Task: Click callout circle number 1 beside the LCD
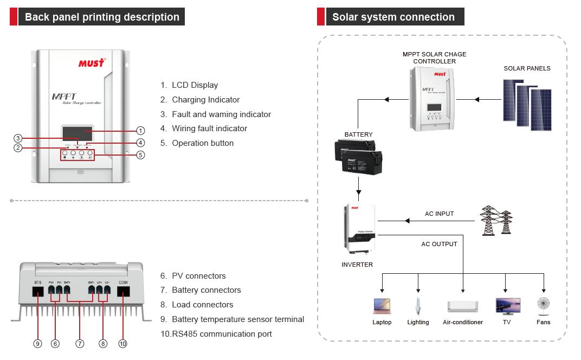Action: point(140,131)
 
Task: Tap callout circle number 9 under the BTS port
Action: point(38,343)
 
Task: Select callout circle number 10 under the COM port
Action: point(123,343)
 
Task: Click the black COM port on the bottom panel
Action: point(123,291)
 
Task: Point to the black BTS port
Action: point(38,291)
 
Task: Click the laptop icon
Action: point(382,306)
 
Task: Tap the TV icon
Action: point(508,306)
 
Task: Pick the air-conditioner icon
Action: point(463,306)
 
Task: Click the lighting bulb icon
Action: point(418,306)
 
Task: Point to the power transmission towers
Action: point(496,220)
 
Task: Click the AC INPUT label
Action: point(439,214)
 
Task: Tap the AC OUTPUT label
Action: point(439,244)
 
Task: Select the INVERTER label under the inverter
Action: point(357,265)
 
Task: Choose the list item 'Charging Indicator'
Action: point(205,100)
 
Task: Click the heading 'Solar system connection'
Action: point(393,17)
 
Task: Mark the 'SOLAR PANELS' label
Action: point(527,68)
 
